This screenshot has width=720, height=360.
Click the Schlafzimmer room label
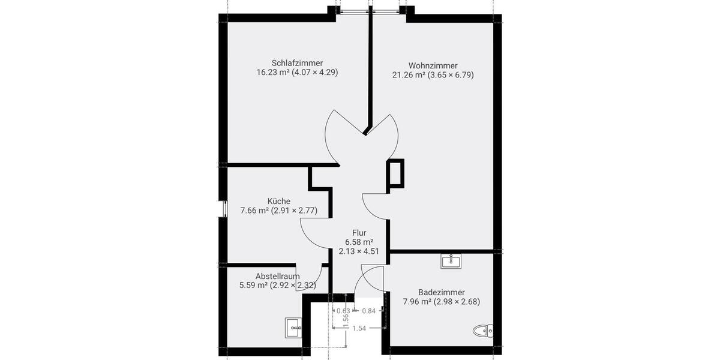pyautogui.click(x=297, y=63)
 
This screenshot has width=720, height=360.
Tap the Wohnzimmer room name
pyautogui.click(x=433, y=65)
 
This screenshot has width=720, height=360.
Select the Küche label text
pyautogui.click(x=279, y=201)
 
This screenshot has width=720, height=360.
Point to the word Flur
pyautogui.click(x=359, y=232)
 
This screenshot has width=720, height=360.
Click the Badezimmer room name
pyautogui.click(x=442, y=292)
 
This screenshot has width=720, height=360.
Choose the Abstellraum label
pyautogui.click(x=278, y=276)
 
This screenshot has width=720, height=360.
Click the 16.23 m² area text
pyautogui.click(x=273, y=73)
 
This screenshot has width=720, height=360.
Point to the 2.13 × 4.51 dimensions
pyautogui.click(x=359, y=251)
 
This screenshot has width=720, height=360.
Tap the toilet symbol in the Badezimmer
pyautogui.click(x=482, y=330)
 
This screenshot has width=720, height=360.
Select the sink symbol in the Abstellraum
pyautogui.click(x=293, y=327)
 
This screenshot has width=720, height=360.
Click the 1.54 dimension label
pyautogui.click(x=359, y=328)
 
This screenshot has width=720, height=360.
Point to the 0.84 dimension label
pyautogui.click(x=368, y=311)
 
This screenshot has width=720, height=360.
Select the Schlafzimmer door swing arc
pyautogui.click(x=330, y=135)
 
